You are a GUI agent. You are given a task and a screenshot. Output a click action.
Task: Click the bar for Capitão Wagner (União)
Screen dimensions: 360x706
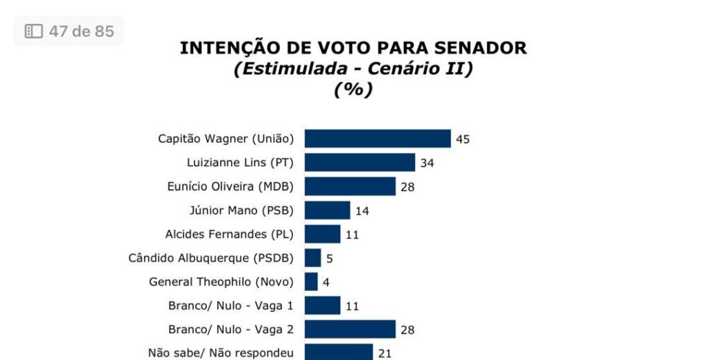[x=377, y=139]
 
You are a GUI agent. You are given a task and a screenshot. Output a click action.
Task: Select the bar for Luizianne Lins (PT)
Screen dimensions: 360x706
[x=359, y=163]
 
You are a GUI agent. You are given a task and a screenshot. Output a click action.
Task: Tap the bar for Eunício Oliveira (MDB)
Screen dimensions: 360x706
[x=350, y=186]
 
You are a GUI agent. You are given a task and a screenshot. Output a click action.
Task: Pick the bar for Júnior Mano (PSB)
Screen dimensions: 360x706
[x=327, y=210]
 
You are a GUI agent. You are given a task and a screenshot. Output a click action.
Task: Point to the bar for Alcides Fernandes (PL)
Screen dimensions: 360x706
[x=322, y=234]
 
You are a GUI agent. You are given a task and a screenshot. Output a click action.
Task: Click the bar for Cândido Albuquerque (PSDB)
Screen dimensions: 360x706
[x=312, y=258]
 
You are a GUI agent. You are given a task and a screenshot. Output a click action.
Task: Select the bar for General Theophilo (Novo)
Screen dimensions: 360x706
[x=311, y=282]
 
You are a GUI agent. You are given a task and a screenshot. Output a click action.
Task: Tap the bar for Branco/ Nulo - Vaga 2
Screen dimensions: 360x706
[x=350, y=329]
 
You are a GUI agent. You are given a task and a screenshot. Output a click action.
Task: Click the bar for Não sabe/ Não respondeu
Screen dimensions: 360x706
[x=339, y=352]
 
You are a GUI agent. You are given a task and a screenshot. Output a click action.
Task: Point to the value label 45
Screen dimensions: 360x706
[x=463, y=139]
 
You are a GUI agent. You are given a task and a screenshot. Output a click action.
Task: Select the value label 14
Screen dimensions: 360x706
[x=362, y=211]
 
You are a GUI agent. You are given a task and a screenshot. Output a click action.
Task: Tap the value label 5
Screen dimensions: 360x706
[x=329, y=259]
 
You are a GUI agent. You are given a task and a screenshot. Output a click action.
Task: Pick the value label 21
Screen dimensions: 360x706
[x=384, y=353]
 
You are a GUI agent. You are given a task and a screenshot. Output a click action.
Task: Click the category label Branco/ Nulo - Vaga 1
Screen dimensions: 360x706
[x=231, y=306]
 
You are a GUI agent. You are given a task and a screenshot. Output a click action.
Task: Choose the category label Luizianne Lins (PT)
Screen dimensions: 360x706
[x=240, y=163]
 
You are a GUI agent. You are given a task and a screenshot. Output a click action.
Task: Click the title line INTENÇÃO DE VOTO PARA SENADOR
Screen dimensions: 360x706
[x=353, y=48]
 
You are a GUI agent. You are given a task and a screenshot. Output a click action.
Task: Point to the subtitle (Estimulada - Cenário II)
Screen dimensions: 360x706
[x=353, y=68]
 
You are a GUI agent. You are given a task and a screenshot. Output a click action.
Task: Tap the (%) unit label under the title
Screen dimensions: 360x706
[x=353, y=90]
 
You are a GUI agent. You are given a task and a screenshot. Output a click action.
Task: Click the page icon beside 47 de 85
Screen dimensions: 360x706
[x=34, y=31]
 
